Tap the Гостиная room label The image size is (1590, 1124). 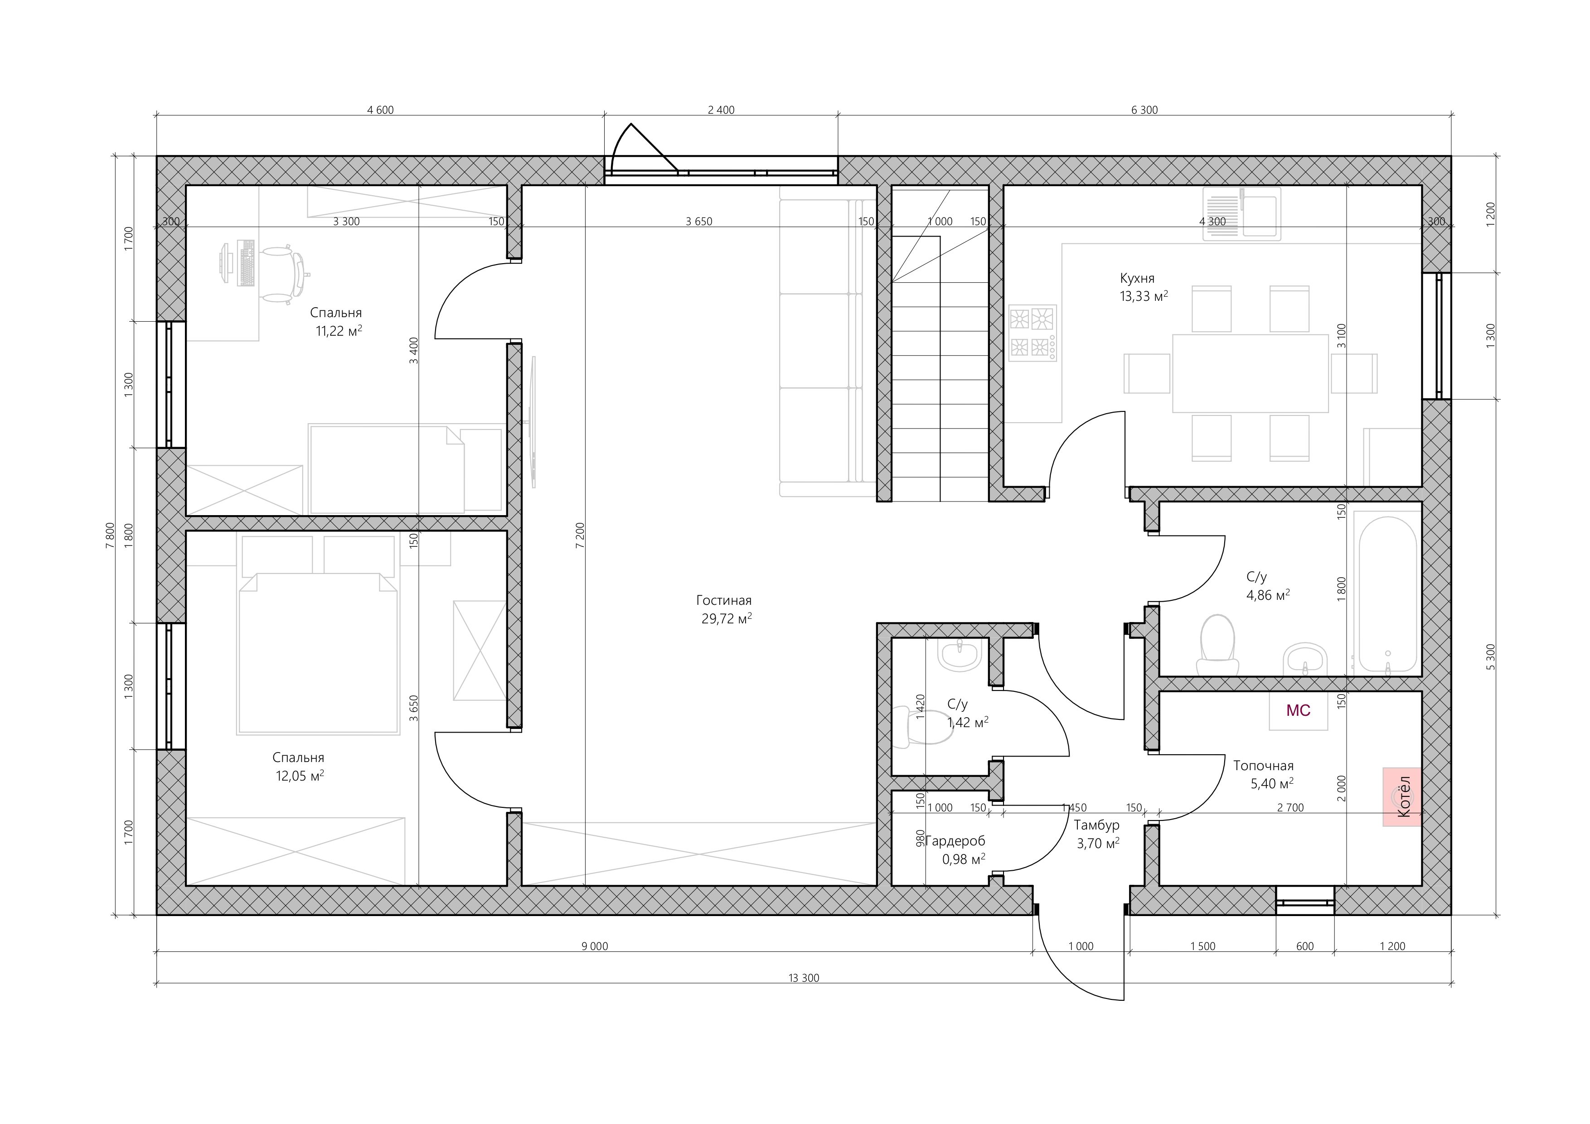point(724,600)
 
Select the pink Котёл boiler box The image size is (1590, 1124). point(1402,796)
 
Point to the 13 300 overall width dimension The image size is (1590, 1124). point(803,978)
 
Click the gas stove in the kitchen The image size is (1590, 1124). point(1033,333)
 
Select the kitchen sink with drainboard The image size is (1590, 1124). point(1241,214)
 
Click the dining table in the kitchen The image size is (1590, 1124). point(1250,373)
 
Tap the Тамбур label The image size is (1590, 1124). point(1096,825)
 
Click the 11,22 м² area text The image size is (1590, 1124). point(339,331)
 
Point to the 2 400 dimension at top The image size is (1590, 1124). point(721,110)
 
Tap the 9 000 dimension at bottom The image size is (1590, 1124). point(595,946)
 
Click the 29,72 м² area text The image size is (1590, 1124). point(727,618)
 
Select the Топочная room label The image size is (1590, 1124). point(1263,766)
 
